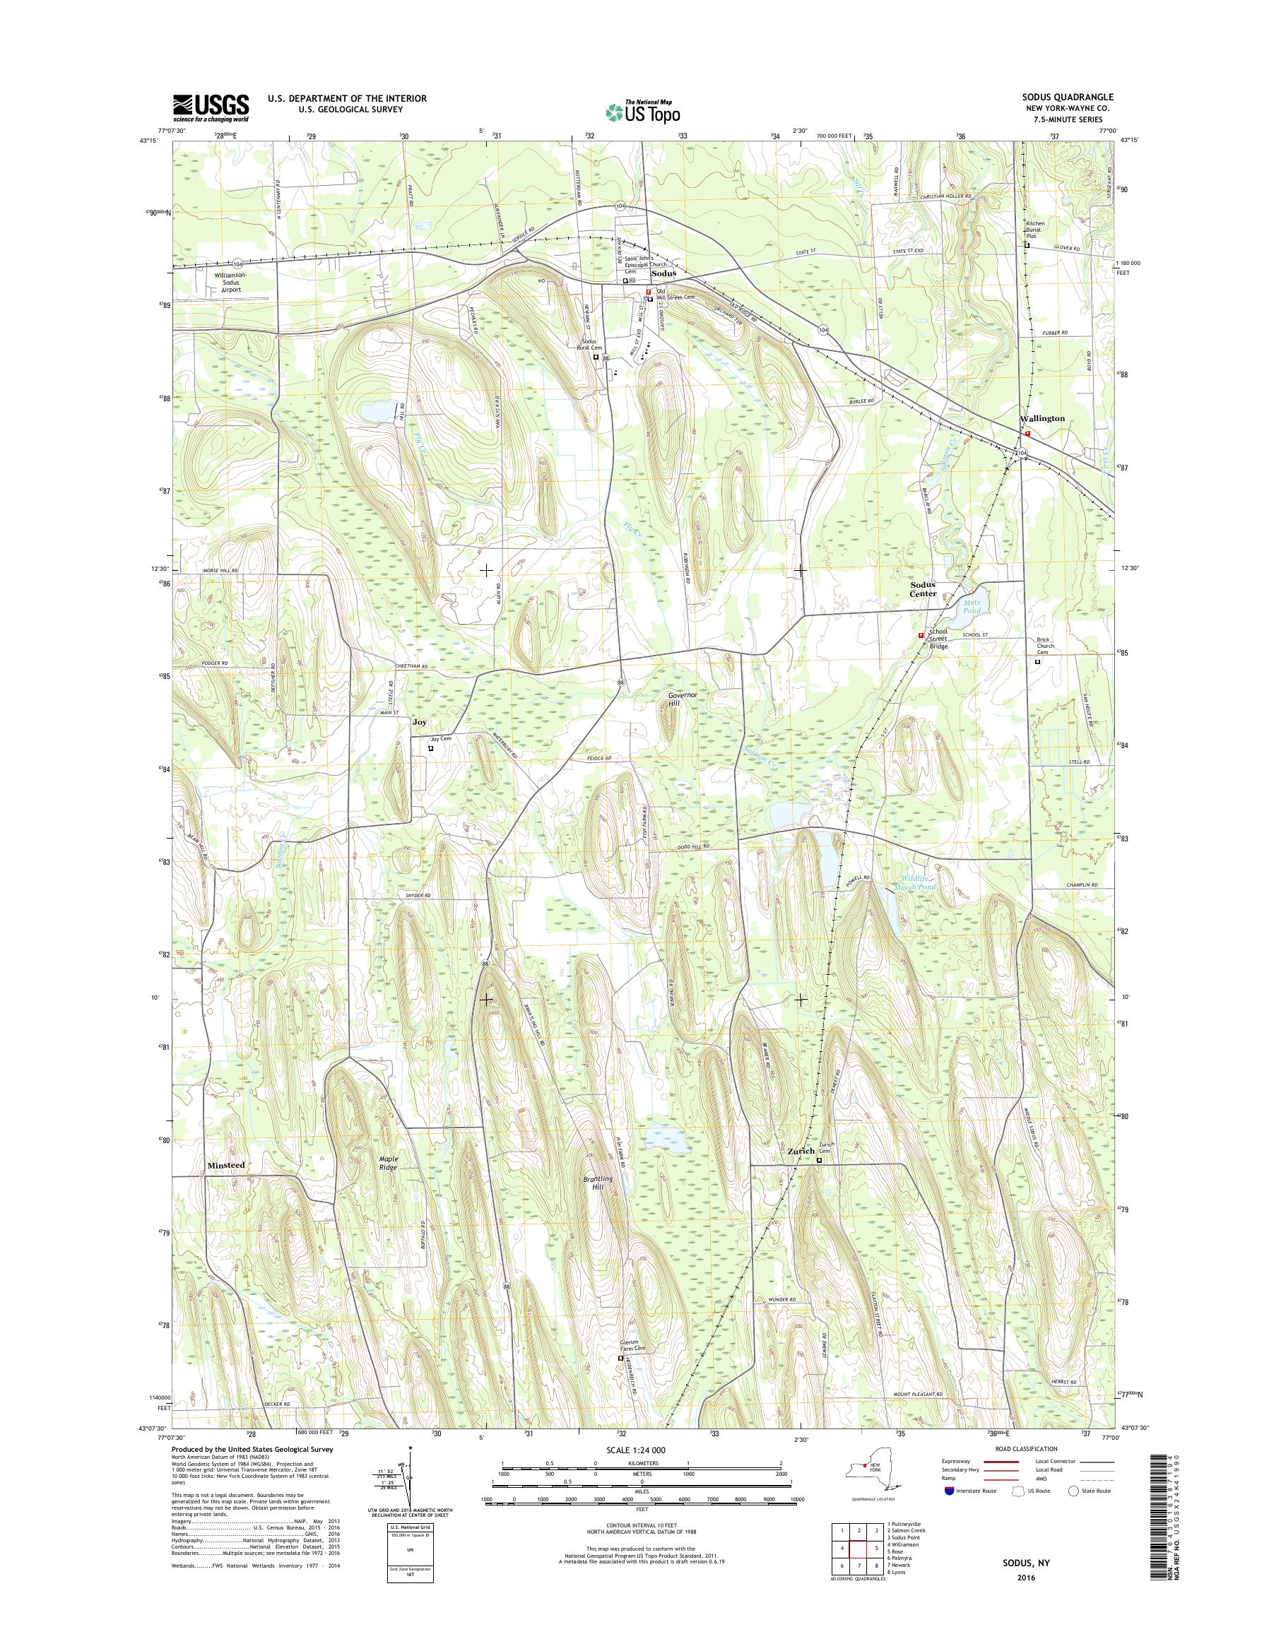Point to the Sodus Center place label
tap(923, 588)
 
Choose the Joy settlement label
tap(420, 721)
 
